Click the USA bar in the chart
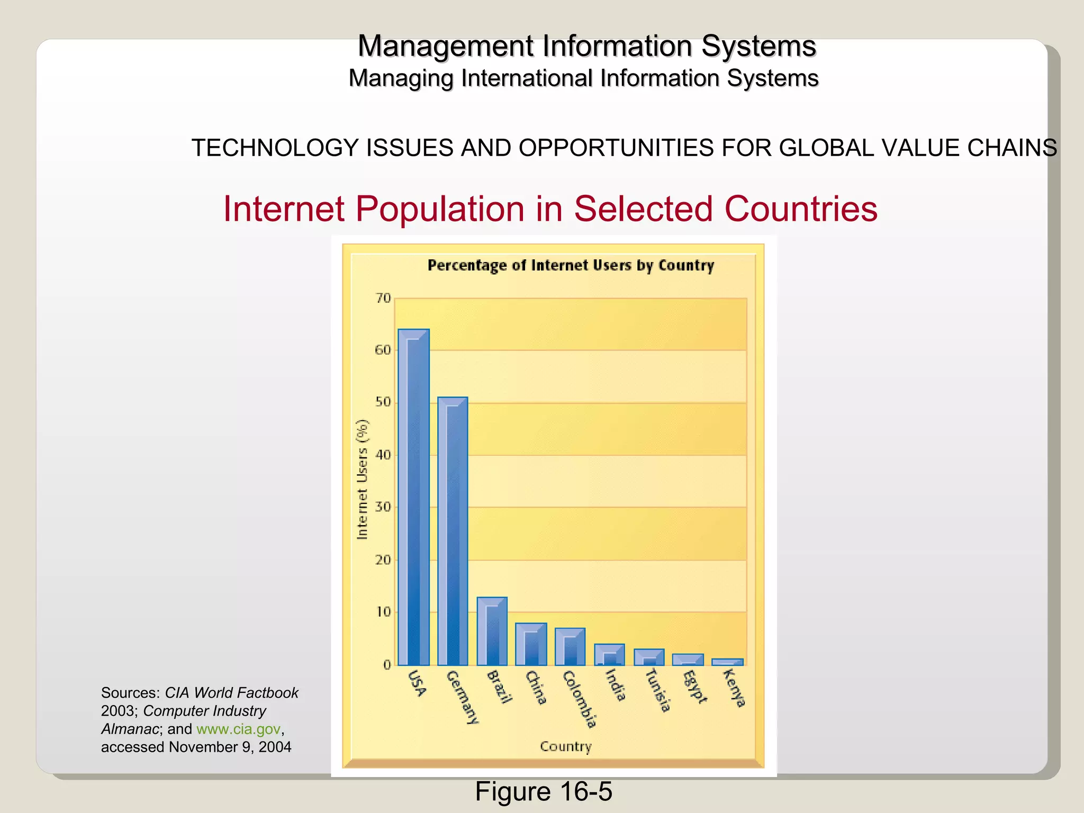pos(413,498)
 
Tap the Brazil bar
pos(492,631)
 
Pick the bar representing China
pos(531,644)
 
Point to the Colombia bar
pos(570,647)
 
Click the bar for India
pos(609,655)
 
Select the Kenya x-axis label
pos(734,688)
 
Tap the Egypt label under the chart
pos(694,686)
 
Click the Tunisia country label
pos(658,690)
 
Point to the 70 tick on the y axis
pos(383,298)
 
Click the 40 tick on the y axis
pos(383,455)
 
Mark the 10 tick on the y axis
pos(383,612)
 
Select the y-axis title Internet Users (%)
pos(363,480)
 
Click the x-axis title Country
pos(565,746)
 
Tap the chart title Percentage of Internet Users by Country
pos(571,265)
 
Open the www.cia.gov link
pos(238,729)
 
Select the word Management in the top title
pos(446,46)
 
